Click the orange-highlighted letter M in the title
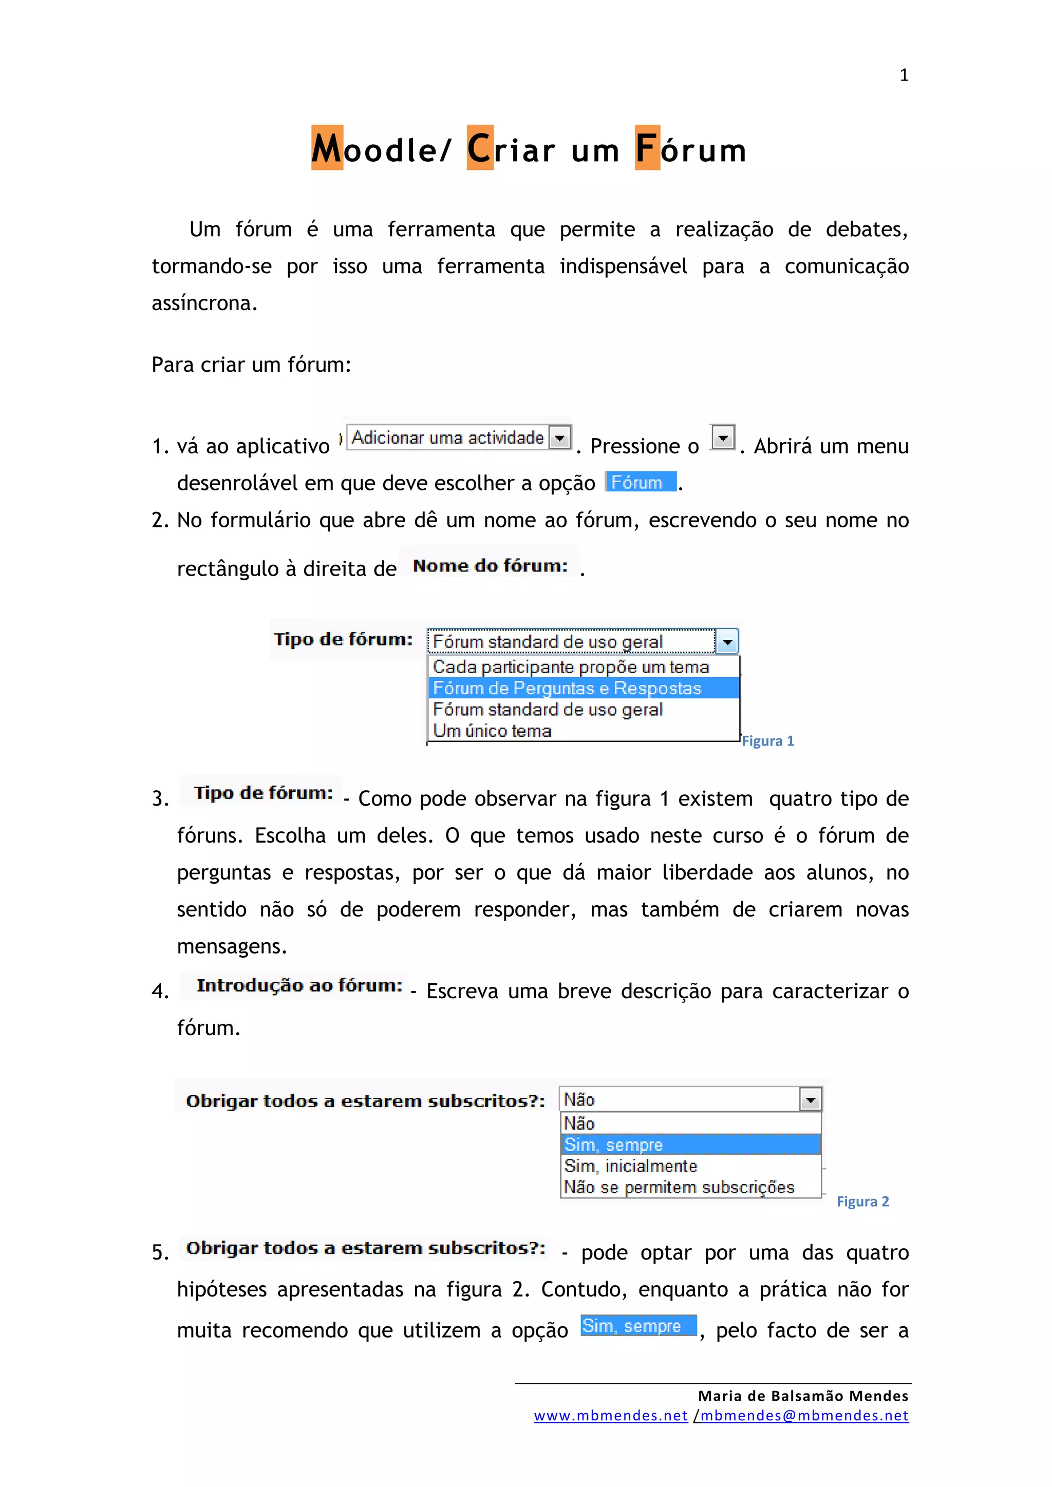coord(327,148)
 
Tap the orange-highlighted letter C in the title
coord(479,148)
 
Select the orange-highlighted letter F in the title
coord(647,148)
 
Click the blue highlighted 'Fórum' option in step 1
coord(640,483)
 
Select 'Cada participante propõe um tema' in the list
coord(571,667)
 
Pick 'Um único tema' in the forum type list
coord(492,731)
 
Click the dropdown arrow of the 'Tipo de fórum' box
coord(727,642)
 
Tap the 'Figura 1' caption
coord(767,741)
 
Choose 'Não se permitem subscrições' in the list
coord(679,1188)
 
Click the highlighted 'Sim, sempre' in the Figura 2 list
coord(613,1145)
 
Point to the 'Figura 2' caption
coord(862,1202)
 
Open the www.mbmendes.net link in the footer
coord(610,1416)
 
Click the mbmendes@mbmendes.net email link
coord(804,1416)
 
